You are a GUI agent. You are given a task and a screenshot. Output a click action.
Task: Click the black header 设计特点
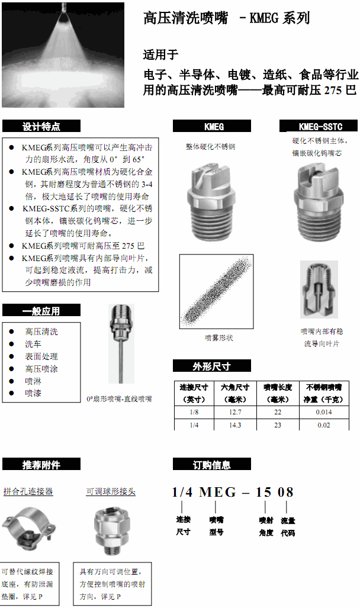[x=41, y=126]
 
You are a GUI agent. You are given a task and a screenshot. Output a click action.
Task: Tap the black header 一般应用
[x=41, y=310]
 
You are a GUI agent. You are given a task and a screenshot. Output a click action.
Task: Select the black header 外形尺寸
[x=212, y=366]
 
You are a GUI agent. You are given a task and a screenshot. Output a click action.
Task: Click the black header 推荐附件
[x=41, y=464]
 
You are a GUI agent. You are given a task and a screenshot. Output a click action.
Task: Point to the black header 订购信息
[x=212, y=465]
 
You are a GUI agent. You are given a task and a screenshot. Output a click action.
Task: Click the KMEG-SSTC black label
[x=320, y=126]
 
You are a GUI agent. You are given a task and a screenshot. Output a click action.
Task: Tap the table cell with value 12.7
[x=235, y=411]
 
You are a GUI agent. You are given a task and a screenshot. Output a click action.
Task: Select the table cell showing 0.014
[x=324, y=411]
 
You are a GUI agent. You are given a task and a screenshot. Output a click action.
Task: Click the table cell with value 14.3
[x=235, y=425]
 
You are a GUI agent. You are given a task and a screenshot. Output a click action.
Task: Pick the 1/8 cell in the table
[x=194, y=411]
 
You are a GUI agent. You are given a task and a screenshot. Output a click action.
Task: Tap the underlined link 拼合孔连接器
[x=28, y=491]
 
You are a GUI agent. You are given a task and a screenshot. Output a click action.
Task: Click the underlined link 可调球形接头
[x=111, y=491]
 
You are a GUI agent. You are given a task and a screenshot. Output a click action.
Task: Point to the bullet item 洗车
[x=33, y=344]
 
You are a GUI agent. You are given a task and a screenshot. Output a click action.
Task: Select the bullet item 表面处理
[x=41, y=356]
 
